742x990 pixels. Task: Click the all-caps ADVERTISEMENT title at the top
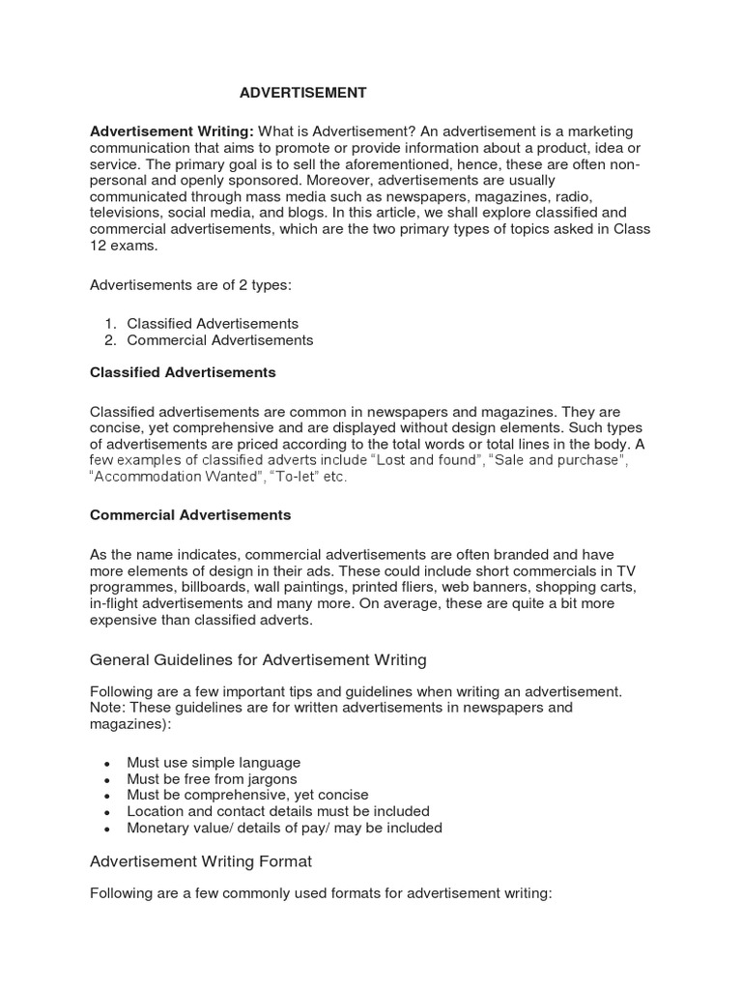[x=303, y=93]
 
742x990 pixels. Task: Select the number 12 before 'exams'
[x=98, y=246]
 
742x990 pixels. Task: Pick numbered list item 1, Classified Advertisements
[x=212, y=323]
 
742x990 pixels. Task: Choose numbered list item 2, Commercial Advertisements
[x=219, y=339]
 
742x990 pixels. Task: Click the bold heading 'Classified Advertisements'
[x=183, y=372]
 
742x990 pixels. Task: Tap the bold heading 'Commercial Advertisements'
[x=190, y=515]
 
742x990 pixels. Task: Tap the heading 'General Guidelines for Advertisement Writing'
[x=258, y=660]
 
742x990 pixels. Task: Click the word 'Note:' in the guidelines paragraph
[x=107, y=708]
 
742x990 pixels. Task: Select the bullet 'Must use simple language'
[x=213, y=762]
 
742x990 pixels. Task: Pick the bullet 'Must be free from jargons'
[x=212, y=778]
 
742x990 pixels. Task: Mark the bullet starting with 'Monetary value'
[x=284, y=828]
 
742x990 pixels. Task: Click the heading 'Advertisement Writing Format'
[x=201, y=860]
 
